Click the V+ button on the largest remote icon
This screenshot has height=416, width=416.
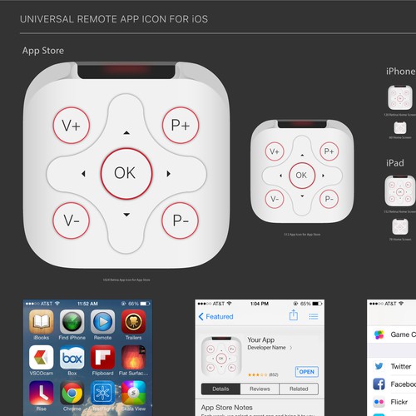pyautogui.click(x=71, y=126)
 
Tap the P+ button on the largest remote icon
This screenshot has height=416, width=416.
pyautogui.click(x=179, y=126)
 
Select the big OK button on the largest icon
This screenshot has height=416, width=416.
pyautogui.click(x=125, y=173)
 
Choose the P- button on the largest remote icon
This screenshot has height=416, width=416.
pyautogui.click(x=179, y=221)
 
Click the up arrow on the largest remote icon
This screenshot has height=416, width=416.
pyautogui.click(x=126, y=132)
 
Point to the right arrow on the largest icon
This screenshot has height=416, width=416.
pyautogui.click(x=169, y=174)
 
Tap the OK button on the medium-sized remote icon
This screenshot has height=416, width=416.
pyautogui.click(x=301, y=175)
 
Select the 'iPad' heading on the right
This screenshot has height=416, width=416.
pyautogui.click(x=395, y=163)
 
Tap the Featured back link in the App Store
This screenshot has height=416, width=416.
pyautogui.click(x=215, y=317)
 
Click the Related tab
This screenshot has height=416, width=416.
pyautogui.click(x=298, y=389)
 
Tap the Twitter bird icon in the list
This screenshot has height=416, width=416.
pyautogui.click(x=379, y=366)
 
